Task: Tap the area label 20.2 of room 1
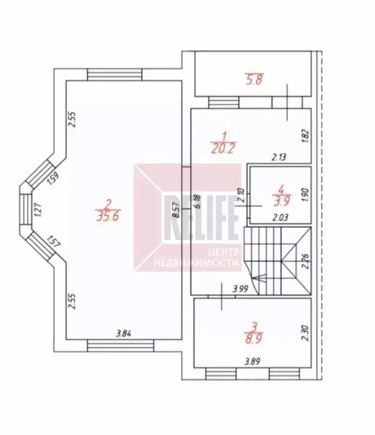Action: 223,148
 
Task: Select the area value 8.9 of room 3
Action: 254,338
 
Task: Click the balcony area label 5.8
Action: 254,80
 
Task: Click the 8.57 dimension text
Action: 176,210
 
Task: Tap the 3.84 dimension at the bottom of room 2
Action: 123,334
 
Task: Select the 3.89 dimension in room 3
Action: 252,361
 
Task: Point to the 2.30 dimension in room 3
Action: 305,333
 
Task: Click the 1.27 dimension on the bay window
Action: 38,211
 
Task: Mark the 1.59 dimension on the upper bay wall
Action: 53,179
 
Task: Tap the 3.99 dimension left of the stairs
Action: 240,289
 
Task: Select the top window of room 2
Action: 115,75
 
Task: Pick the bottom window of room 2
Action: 120,346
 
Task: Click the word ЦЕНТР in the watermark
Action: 223,252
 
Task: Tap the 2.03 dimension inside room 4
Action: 281,217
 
